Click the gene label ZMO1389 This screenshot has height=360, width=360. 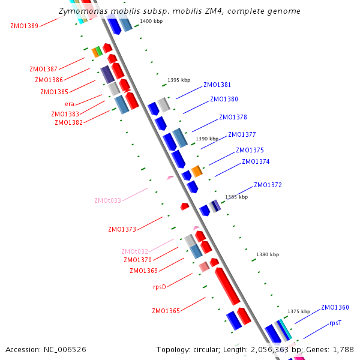coord(24,26)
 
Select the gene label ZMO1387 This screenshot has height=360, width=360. coord(44,69)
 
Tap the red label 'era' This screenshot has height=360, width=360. coord(70,104)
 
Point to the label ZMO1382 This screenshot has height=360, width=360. coord(68,122)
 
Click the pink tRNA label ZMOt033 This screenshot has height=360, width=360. coord(107,200)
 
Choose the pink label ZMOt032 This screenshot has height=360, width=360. coord(134,251)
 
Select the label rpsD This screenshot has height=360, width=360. coord(159,287)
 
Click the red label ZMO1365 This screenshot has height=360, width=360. coord(166,311)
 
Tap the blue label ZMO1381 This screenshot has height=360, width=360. coord(217,85)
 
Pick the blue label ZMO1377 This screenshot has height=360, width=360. coord(242,134)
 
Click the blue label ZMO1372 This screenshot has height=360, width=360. coord(268,185)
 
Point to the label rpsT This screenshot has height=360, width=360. coord(335,323)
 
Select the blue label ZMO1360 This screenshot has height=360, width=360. coord(335,307)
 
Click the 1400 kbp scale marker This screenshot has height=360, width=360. coord(151,21)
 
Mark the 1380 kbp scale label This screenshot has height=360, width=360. coord(268,254)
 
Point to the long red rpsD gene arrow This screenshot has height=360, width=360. coord(227,286)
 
